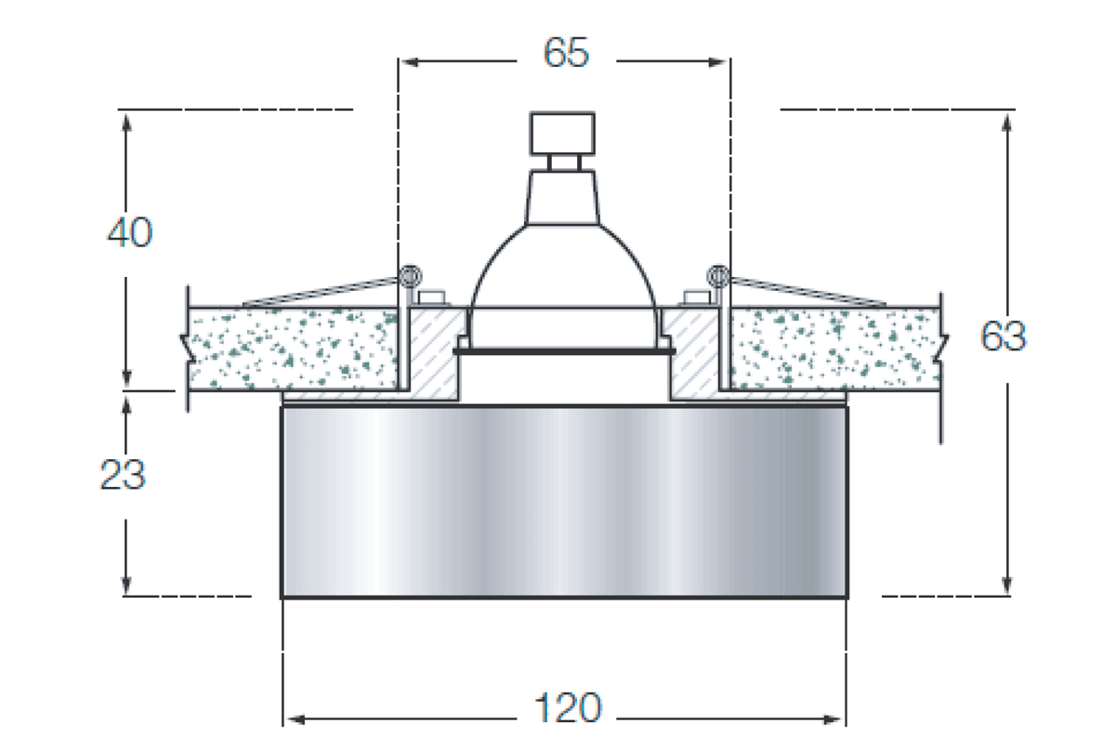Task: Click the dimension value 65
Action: [566, 52]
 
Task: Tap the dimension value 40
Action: [130, 232]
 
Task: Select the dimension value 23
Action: [123, 474]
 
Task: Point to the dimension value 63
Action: [1003, 336]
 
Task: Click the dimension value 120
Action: [568, 707]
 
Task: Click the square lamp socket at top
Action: [562, 134]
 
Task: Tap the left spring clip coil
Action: [410, 276]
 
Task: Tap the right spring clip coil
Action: [718, 276]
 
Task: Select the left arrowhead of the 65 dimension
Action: [410, 62]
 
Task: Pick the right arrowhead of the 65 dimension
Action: [717, 62]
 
